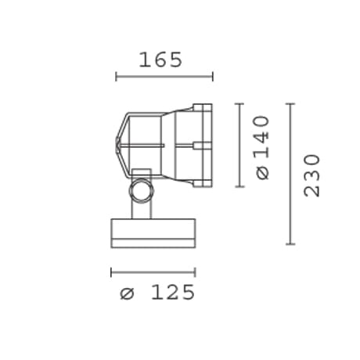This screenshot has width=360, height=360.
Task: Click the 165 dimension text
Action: coord(160,59)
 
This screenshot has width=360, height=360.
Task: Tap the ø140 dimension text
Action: coord(262,148)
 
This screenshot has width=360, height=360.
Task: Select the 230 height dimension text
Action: coord(311,175)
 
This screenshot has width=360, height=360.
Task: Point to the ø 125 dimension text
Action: coord(157,292)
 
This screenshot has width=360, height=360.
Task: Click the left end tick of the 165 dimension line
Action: coord(116,77)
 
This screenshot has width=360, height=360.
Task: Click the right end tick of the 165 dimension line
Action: coord(213,77)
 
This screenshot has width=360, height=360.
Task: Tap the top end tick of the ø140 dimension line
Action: coord(239,104)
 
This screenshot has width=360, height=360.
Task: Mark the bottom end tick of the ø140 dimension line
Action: coord(239,186)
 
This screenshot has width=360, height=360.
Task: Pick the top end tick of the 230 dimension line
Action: coord(290,104)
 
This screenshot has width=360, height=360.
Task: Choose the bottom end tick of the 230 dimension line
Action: coord(290,244)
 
